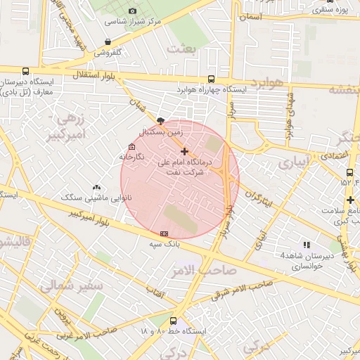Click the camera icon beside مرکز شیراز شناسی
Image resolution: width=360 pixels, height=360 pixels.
pyautogui.click(x=134, y=11)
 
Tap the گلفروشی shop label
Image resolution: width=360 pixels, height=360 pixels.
pyautogui.click(x=108, y=53)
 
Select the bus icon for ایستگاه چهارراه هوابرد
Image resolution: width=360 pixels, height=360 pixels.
pyautogui.click(x=212, y=79)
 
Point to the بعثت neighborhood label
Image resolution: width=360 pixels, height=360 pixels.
pyautogui.click(x=181, y=49)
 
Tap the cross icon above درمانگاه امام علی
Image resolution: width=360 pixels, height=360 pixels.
pyautogui.click(x=184, y=151)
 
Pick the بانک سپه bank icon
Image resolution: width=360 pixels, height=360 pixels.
pyautogui.click(x=165, y=233)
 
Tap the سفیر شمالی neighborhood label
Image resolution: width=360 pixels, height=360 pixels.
pyautogui.click(x=70, y=287)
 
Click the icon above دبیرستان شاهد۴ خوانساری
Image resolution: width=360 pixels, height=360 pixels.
pyautogui.click(x=306, y=243)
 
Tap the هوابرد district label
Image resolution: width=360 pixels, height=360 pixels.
pyautogui.click(x=264, y=83)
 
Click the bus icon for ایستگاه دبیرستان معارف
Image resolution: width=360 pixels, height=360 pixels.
pyautogui.click(x=26, y=72)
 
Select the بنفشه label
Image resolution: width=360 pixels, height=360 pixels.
pyautogui.click(x=345, y=89)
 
